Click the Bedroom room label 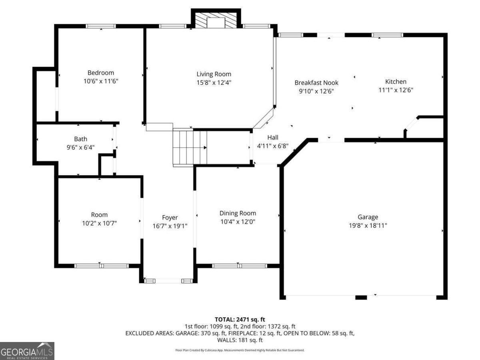[x=101, y=73]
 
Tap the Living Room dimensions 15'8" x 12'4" [x=214, y=82]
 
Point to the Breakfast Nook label [x=316, y=83]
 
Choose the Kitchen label [x=396, y=82]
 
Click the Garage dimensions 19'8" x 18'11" [x=368, y=225]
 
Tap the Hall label [x=273, y=138]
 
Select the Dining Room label [x=238, y=213]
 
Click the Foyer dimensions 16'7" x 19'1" [x=170, y=226]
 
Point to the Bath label [x=80, y=139]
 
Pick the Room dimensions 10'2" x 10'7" [x=99, y=223]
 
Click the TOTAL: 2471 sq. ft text [x=240, y=319]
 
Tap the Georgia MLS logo [x=27, y=351]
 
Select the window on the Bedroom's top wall [x=101, y=26]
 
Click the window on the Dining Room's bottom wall [x=239, y=266]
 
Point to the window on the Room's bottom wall [x=101, y=266]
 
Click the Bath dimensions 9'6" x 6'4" [x=80, y=147]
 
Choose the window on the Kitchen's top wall [x=387, y=35]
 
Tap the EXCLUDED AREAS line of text [x=240, y=333]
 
